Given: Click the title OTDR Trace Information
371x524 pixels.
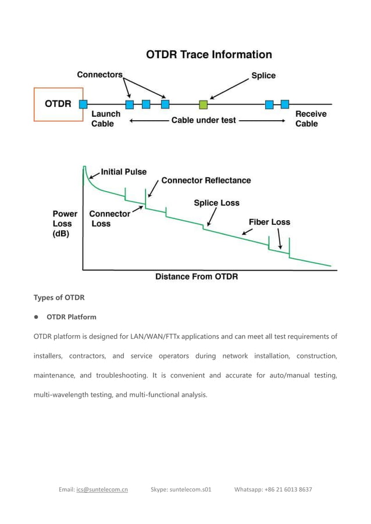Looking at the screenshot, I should point(209,55).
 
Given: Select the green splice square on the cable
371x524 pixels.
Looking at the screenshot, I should point(203,105).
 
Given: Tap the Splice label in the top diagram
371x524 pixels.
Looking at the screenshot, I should point(263,76).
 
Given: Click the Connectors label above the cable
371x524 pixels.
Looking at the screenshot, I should point(100,75).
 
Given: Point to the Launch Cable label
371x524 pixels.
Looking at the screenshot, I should point(105,119).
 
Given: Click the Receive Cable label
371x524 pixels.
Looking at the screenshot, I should point(311,119).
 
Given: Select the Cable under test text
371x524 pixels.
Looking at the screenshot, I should point(204,120).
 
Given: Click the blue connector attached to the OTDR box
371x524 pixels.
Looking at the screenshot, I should point(83,104).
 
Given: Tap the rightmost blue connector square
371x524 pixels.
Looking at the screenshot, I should point(285,105).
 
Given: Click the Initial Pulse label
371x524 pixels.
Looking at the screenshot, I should point(124,172).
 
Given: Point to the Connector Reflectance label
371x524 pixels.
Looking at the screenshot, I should point(206,181).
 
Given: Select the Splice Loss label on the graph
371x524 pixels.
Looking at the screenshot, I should point(216,203).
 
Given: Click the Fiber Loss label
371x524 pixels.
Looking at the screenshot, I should point(269,222).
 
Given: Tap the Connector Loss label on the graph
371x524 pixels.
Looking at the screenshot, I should point(109,218).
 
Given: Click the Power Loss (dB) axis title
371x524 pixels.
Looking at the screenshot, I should point(65,224).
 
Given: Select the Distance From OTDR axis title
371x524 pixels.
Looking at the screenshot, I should point(197,277).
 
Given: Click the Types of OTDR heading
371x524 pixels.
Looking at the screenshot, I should point(59,297).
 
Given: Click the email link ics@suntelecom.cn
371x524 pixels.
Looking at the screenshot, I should point(102,489).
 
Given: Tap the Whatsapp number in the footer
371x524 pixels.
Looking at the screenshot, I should point(273,489).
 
